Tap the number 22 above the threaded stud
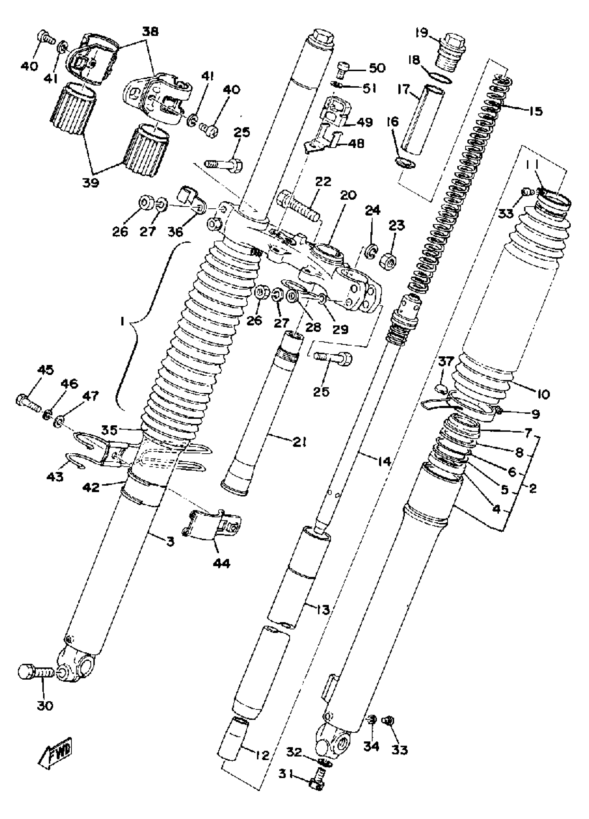pos(322,181)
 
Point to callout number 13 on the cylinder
pos(322,610)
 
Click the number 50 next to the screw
pos(377,68)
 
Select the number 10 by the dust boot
pos(543,394)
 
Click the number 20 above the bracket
pos(348,195)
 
